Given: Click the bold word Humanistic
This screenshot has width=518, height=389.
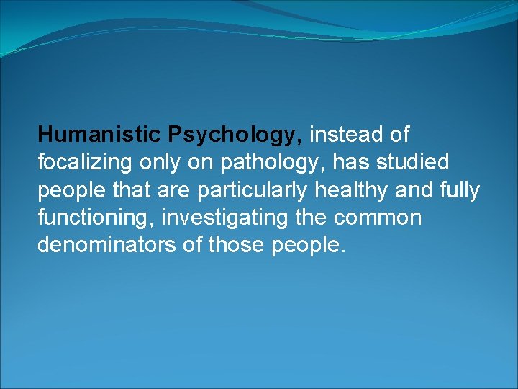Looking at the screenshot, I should tap(99, 135).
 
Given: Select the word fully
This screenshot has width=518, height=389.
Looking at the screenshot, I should tap(458, 190).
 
